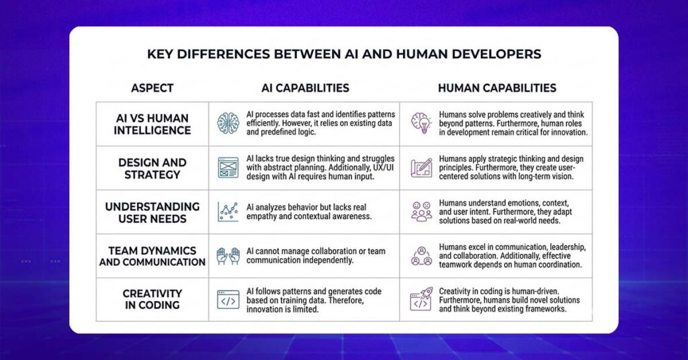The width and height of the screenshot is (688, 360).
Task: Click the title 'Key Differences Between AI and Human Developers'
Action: pos(344,54)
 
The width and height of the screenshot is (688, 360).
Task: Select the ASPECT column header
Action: pos(153,88)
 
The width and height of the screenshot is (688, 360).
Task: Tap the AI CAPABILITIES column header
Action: pos(306,88)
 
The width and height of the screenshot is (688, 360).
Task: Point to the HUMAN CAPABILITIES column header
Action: pos(497,88)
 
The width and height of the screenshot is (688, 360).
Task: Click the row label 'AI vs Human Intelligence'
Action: pos(153,124)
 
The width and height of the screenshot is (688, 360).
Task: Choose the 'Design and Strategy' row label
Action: pos(153,169)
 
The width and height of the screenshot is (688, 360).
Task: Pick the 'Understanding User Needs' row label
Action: pos(153,213)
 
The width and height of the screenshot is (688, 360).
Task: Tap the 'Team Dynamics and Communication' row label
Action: pos(153,256)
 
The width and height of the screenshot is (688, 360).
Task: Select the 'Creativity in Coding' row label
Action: pos(153,299)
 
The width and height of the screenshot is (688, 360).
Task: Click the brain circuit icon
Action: pos(228,123)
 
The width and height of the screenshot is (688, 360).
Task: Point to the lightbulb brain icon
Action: pos(421,123)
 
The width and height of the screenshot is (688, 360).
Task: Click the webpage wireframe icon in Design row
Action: pos(228,167)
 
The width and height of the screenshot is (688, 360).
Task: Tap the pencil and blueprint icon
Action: pos(421,167)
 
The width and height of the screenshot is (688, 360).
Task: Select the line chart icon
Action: pos(228,212)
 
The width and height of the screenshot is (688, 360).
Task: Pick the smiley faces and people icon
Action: pos(421,212)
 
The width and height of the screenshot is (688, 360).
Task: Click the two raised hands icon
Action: pos(228,256)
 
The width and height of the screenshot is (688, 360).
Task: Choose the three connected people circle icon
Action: pos(421,256)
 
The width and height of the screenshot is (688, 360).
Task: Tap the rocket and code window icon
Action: pos(421,299)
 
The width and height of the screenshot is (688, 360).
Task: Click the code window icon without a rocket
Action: pos(228,300)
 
